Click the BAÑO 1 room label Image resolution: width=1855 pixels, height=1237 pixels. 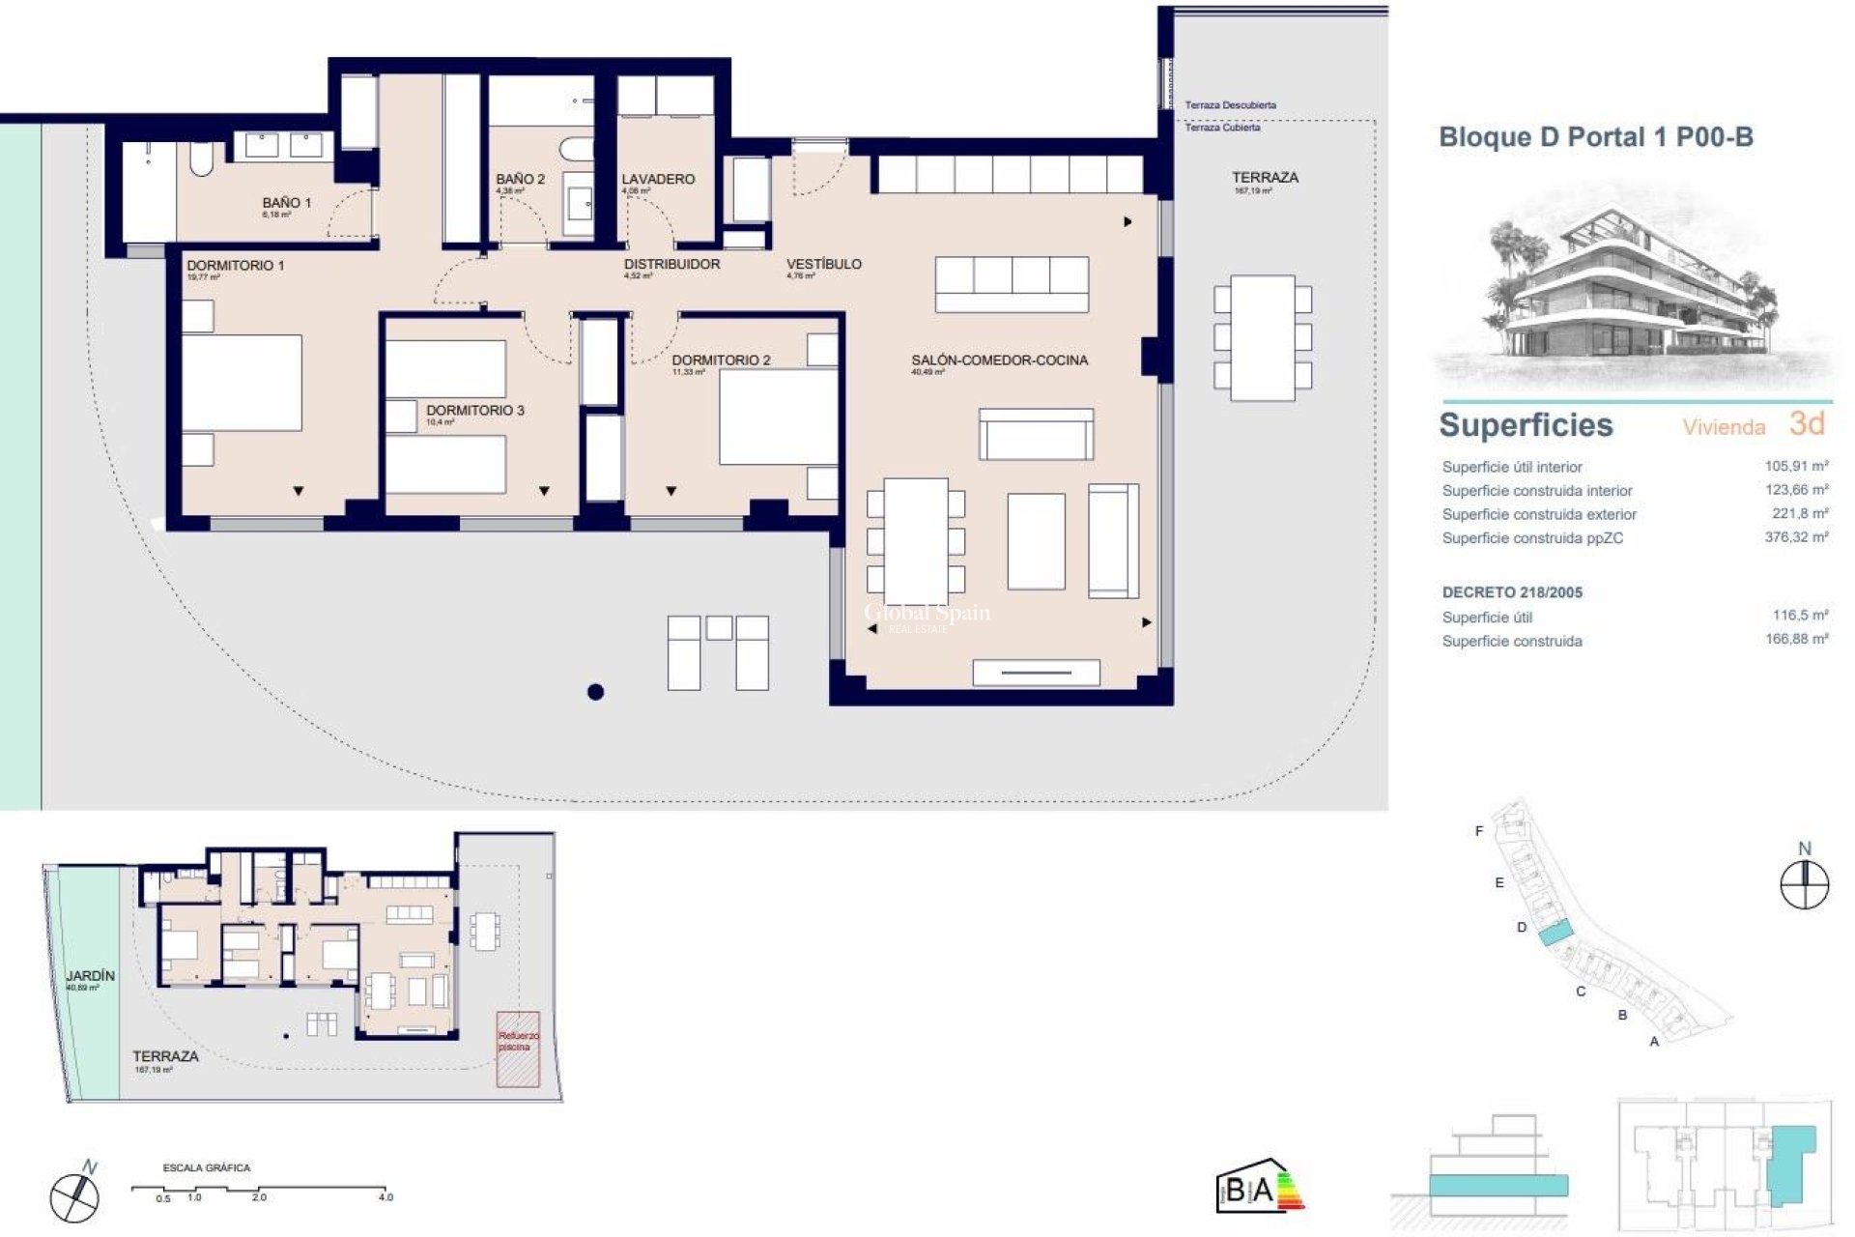pos(286,203)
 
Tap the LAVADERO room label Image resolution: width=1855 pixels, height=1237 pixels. pos(658,179)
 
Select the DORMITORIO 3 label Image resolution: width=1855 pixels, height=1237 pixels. pos(474,411)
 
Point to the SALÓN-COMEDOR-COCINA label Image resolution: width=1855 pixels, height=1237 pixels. pos(999,360)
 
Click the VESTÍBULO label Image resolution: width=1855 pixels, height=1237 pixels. pos(823,264)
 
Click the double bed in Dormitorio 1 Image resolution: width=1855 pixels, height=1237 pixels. pos(243,383)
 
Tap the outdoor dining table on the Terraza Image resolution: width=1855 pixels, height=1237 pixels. pos(1263,337)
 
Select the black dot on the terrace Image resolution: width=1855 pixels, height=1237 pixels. pos(595,692)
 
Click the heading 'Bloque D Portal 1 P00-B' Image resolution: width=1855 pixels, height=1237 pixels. pos(1595,137)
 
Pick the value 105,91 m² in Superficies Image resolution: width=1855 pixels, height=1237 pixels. pos(1795,466)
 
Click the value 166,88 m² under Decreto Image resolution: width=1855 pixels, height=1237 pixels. pos(1795,639)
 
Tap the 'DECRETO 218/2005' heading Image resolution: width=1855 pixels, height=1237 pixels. pos(1512,592)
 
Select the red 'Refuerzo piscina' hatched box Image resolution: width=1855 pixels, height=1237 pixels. pos(518,1049)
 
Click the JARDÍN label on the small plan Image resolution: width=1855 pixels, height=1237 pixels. pos(90,976)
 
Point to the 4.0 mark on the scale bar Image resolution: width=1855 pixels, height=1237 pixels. pos(385,1197)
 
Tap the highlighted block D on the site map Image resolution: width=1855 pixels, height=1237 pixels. pos(1555,934)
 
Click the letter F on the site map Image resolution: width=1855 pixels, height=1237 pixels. pos(1478,831)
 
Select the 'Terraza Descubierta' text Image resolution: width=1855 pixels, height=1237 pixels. pos(1230,104)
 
